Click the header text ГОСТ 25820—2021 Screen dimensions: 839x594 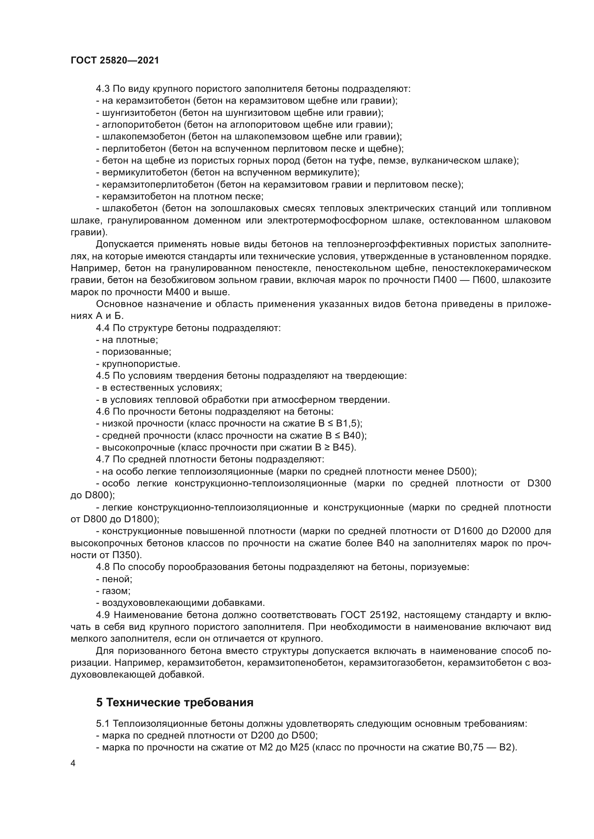(115, 61)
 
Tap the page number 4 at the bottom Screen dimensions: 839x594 (73, 763)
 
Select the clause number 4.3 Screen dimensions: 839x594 (103, 89)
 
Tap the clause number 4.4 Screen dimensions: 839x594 (103, 328)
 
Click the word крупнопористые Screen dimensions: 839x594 (141, 364)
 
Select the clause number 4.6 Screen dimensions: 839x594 (103, 411)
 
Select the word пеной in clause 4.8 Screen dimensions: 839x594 (117, 579)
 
